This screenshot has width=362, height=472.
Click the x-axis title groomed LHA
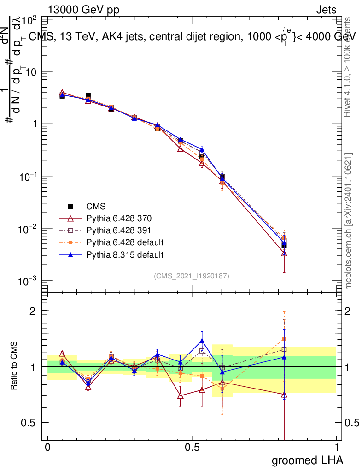point(308,460)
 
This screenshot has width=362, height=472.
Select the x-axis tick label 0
point(47,448)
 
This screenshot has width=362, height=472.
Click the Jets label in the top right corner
point(326,10)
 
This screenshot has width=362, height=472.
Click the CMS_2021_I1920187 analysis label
point(192,276)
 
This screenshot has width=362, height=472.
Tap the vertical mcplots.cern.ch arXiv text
point(349,221)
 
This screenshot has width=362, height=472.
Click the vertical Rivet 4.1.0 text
point(349,67)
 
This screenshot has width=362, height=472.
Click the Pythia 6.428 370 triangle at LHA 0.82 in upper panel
point(284,253)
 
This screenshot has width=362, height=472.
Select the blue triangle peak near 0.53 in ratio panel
point(201,341)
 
